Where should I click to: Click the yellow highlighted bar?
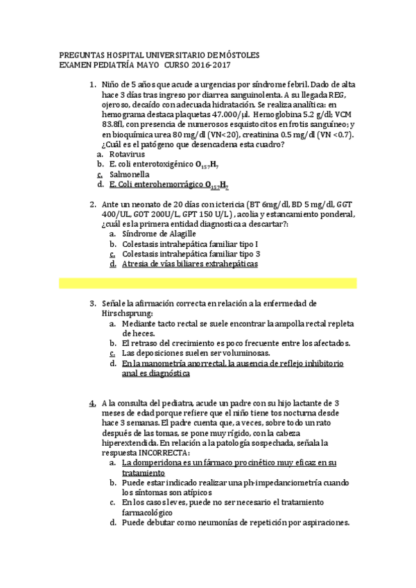(208, 283)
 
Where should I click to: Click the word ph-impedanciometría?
(266, 482)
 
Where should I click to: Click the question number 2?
(93, 205)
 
